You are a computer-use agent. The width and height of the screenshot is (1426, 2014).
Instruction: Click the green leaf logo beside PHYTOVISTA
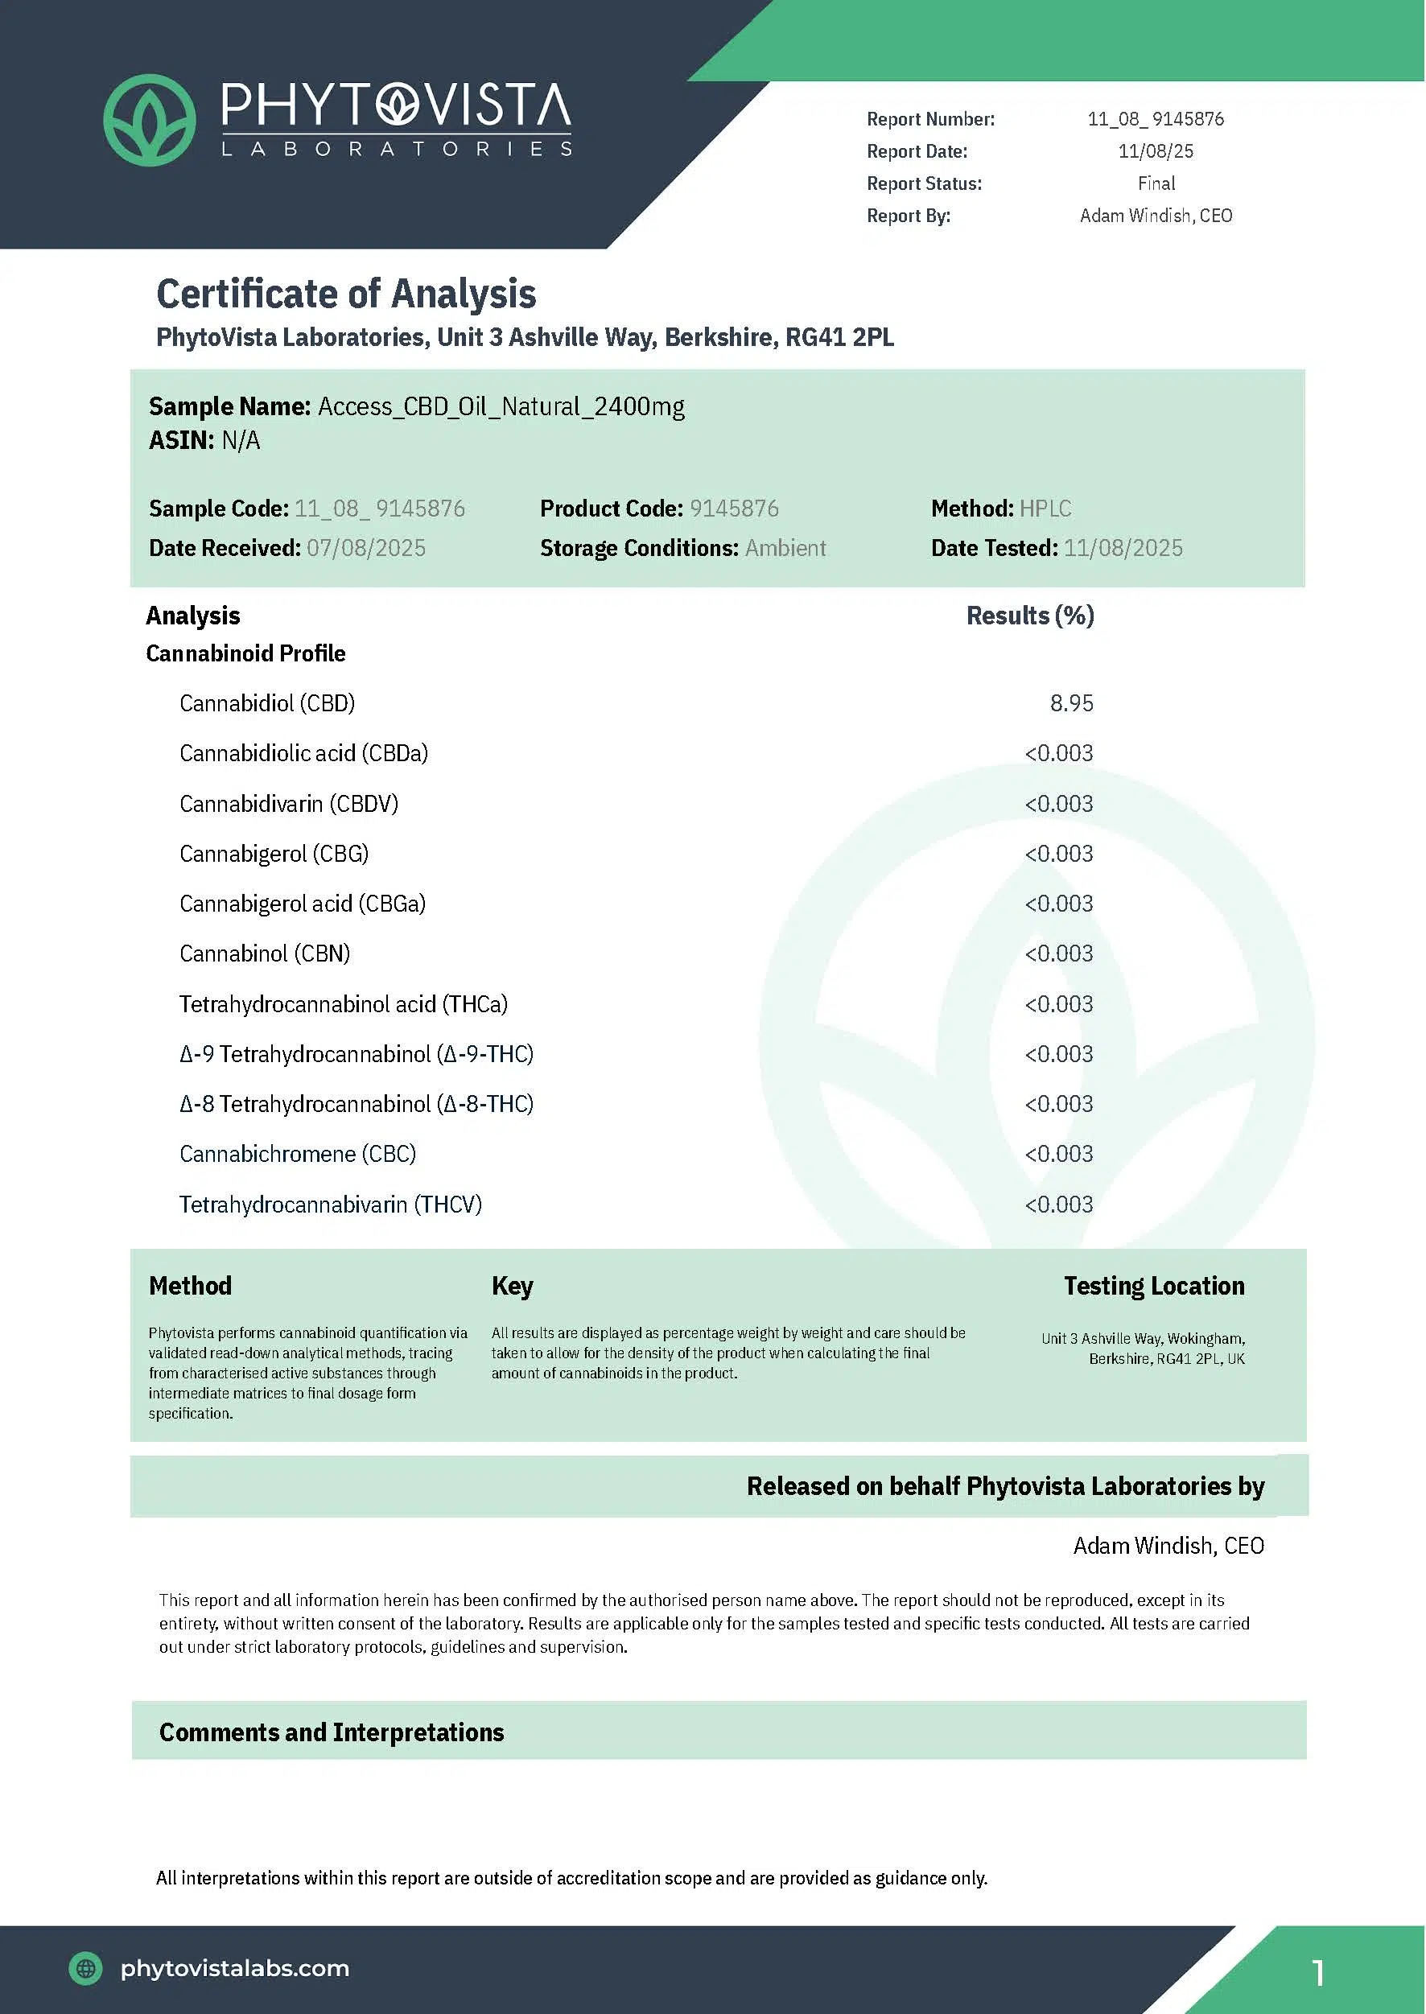(149, 120)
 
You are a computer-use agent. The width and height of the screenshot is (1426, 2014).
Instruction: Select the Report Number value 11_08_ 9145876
(1156, 118)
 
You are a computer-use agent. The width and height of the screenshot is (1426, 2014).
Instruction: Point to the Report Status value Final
(1156, 183)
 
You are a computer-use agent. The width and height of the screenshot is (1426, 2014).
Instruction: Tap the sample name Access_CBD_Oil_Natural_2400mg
(501, 406)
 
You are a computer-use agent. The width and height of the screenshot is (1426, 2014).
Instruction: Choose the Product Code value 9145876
(734, 509)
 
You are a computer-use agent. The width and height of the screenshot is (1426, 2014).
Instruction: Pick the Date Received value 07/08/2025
(366, 548)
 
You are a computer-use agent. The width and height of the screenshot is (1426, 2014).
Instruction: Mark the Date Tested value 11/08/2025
(1123, 548)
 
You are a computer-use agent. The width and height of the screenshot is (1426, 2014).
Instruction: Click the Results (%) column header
(1030, 616)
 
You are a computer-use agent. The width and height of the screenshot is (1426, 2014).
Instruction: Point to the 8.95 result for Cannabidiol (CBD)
(1071, 703)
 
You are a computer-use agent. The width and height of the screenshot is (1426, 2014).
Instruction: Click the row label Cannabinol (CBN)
(264, 953)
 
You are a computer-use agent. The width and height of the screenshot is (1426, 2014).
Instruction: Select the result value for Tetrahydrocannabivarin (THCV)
(1059, 1204)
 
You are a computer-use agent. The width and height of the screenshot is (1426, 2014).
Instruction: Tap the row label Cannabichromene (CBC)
(298, 1154)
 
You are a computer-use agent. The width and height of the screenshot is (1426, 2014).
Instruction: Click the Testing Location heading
(1154, 1286)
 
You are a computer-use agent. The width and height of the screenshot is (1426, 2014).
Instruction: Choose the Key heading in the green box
(512, 1286)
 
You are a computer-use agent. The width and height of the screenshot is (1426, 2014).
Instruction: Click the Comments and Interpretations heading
(331, 1732)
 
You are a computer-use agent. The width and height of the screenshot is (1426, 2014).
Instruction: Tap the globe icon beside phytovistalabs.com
(86, 1968)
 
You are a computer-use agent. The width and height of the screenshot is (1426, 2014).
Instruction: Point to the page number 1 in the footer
(1318, 1973)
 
